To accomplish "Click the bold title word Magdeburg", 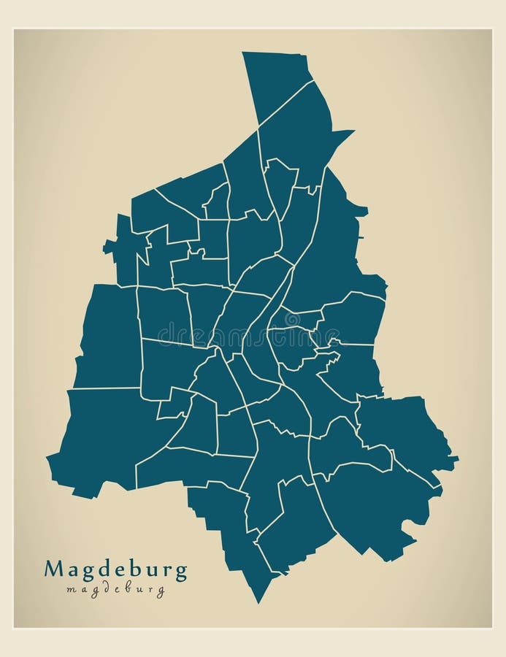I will [x=115, y=569].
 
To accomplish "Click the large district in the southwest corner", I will [x=102, y=438].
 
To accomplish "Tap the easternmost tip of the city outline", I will [x=458, y=459].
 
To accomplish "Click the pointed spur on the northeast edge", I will [x=353, y=131].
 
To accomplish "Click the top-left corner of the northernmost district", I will [x=243, y=53].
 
